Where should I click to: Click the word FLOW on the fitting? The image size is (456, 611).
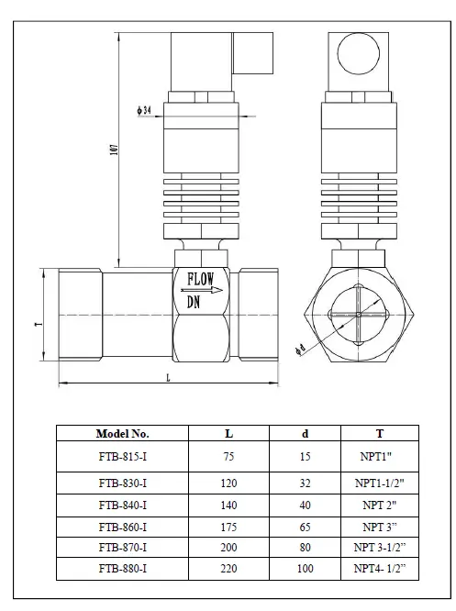(x=201, y=278)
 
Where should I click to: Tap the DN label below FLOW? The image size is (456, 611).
(x=195, y=301)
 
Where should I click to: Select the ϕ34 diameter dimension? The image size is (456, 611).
(x=144, y=110)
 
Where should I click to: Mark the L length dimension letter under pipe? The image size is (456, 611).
(x=168, y=377)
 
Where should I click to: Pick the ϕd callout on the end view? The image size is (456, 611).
(x=301, y=350)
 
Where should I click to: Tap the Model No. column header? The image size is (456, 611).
(x=122, y=433)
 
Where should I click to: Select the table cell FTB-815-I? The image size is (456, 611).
(x=122, y=457)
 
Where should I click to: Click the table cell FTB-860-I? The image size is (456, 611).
(x=122, y=527)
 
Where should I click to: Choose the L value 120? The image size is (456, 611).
(x=228, y=483)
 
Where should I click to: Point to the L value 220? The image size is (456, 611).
(x=228, y=569)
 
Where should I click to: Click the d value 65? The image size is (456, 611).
(x=305, y=527)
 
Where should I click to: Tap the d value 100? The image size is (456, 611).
(x=305, y=569)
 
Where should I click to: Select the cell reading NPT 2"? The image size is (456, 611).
(x=378, y=505)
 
